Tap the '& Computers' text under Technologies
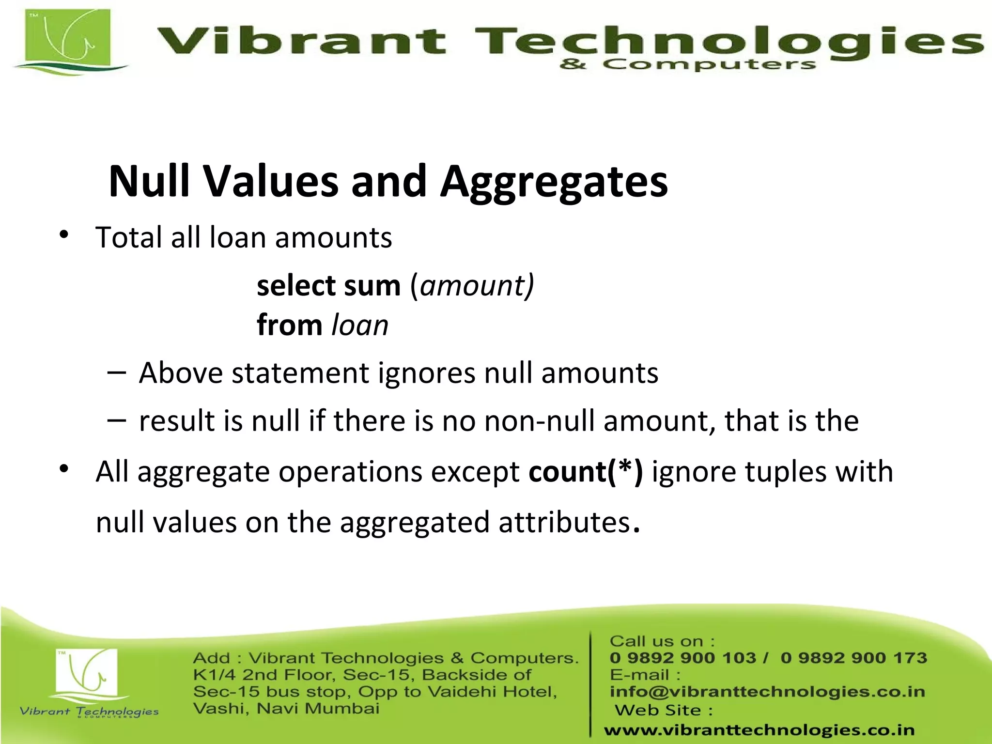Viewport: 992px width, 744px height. (687, 64)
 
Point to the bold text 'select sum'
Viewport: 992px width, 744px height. (328, 285)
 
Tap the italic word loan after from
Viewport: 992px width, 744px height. (360, 325)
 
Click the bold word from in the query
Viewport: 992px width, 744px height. (290, 325)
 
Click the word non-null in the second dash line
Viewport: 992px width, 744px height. (539, 420)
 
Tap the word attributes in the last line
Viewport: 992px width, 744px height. (564, 523)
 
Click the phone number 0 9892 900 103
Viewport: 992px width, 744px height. (682, 658)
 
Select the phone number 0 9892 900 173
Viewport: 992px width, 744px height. (853, 658)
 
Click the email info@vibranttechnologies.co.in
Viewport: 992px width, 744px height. (767, 692)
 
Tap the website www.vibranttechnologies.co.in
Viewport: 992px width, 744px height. (759, 729)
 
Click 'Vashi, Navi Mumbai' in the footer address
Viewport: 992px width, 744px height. (286, 709)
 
